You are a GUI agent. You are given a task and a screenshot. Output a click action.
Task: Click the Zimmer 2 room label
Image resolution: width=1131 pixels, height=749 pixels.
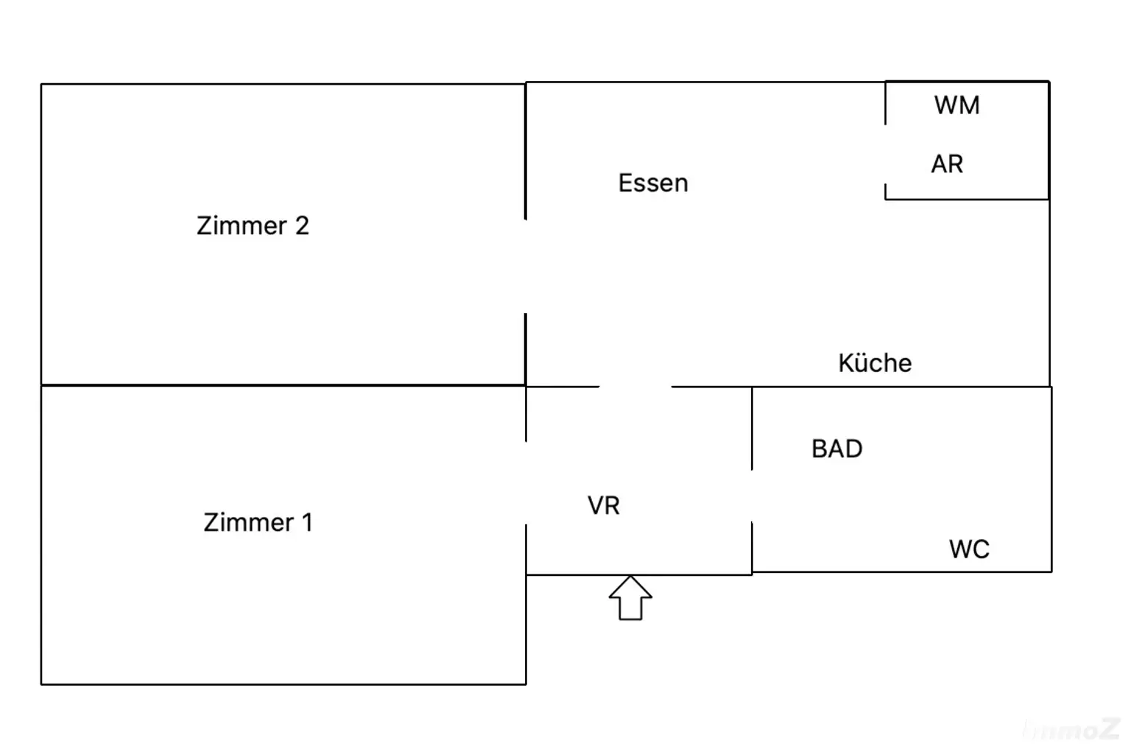pos(253,225)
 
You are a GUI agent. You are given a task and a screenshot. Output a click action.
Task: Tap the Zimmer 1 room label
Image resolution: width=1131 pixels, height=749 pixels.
pos(258,522)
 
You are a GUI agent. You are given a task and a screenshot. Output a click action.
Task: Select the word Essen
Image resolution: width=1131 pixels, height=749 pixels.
pos(652,183)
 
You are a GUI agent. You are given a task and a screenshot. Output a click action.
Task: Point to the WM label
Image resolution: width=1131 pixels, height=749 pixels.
pos(956,105)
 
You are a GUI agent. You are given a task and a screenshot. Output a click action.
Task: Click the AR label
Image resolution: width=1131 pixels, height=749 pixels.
pos(947,163)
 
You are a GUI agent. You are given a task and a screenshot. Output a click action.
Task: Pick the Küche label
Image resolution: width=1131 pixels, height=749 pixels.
pos(875,363)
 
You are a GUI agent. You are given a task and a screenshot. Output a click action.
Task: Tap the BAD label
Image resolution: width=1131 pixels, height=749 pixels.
pos(836,449)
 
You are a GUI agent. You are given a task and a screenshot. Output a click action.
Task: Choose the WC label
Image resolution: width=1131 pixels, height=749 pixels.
pos(969,549)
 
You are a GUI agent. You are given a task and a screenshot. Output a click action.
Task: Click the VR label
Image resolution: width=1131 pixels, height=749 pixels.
pos(603,505)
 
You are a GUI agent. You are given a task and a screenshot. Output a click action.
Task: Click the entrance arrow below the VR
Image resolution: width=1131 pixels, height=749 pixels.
pos(630,598)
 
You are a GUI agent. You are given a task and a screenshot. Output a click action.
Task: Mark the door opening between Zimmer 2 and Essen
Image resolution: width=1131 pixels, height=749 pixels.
pos(525,266)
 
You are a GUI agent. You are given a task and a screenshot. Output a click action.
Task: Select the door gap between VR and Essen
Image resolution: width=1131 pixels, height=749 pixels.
pos(635,386)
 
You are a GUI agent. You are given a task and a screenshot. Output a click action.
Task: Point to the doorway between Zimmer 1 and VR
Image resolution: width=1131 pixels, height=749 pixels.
pos(526,482)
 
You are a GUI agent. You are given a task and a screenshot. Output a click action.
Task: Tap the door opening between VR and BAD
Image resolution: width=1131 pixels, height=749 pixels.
pos(752,496)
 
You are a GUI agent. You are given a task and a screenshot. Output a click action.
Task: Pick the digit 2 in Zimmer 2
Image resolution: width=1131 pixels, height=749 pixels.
pos(302,225)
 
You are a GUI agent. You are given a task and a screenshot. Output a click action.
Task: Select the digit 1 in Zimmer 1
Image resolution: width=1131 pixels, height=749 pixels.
pos(307,522)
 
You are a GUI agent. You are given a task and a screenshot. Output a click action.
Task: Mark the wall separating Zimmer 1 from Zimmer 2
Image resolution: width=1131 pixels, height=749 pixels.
pos(283,384)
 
